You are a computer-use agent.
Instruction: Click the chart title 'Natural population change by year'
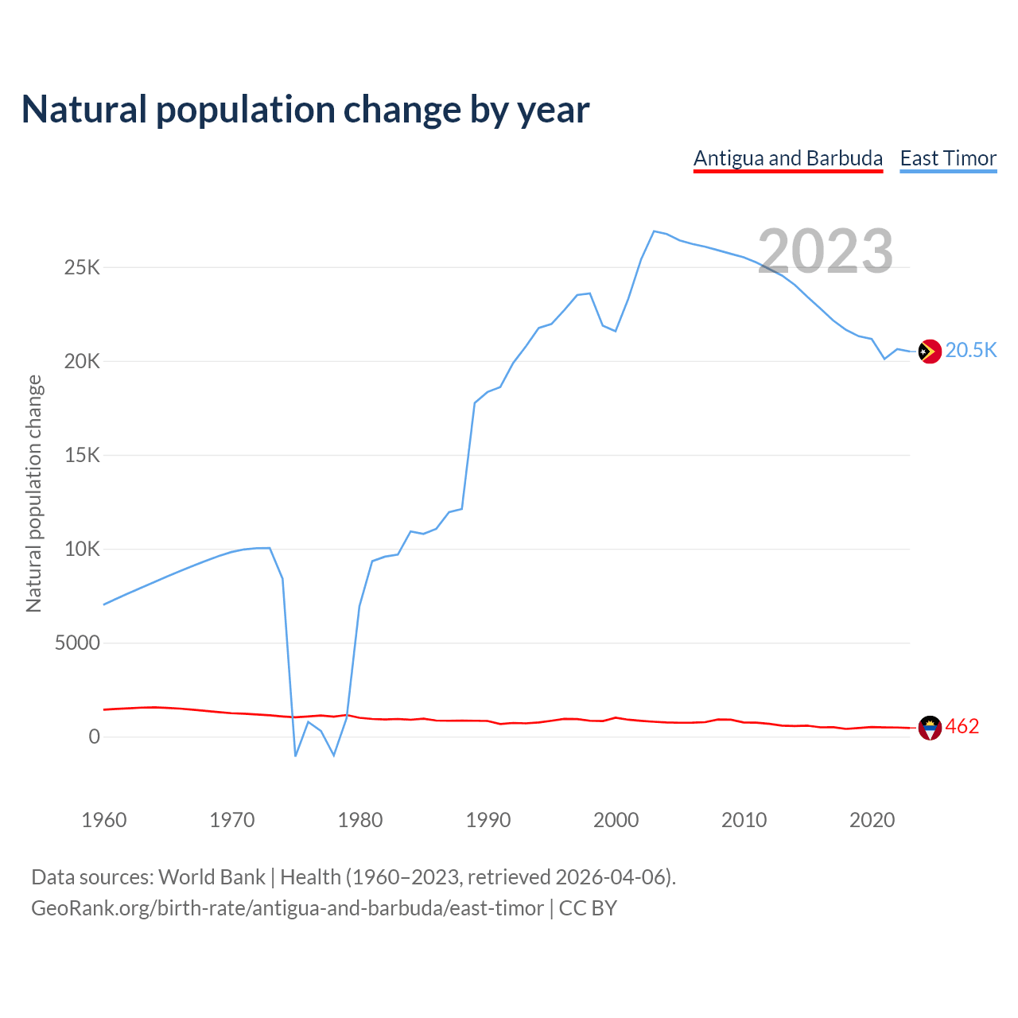[305, 110]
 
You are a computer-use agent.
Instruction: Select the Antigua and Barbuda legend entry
[788, 158]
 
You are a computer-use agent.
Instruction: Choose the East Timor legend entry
[948, 158]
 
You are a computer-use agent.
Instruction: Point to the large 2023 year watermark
[826, 251]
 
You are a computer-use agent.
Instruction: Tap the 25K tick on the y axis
[83, 267]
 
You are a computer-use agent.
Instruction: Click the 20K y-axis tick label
[83, 361]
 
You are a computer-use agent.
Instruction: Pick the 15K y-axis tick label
[83, 455]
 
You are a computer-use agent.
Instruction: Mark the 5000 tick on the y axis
[77, 643]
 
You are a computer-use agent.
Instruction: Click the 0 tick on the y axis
[95, 736]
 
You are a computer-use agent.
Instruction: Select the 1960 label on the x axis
[104, 820]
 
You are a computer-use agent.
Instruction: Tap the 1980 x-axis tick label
[360, 820]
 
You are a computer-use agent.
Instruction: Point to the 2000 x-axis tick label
[616, 820]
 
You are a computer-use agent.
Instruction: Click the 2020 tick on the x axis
[872, 820]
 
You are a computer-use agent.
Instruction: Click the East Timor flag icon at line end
[930, 351]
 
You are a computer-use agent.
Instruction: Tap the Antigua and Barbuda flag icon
[930, 727]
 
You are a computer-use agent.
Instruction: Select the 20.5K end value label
[971, 351]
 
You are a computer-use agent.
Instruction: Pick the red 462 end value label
[962, 727]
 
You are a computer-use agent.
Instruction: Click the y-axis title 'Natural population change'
[34, 493]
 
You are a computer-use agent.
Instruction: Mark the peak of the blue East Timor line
[654, 231]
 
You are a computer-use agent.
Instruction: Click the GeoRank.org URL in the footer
[287, 908]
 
